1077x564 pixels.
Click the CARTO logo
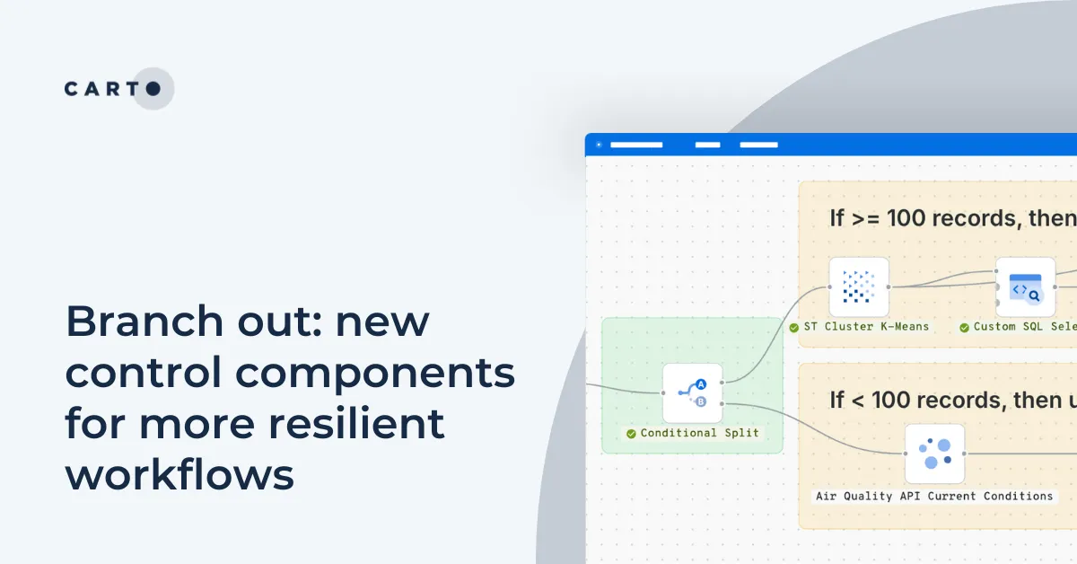(113, 88)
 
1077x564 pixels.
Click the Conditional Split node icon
(692, 392)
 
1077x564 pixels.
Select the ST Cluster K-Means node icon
(858, 286)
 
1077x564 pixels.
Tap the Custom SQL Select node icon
(1025, 286)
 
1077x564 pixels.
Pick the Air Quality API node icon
(934, 454)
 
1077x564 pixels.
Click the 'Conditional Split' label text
(699, 433)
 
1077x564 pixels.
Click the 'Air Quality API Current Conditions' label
(933, 496)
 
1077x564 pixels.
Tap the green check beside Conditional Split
(632, 433)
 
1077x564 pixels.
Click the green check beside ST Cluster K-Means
(794, 327)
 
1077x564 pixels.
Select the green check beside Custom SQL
(964, 327)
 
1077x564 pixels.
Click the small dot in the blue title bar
(599, 145)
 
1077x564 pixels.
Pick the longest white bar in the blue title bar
(635, 145)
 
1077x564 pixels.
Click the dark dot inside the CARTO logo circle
(153, 88)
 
